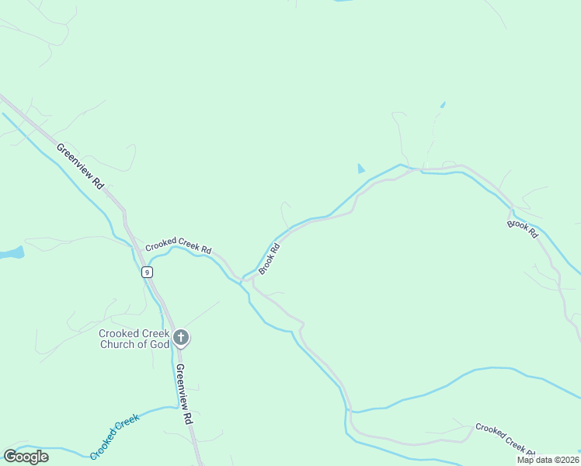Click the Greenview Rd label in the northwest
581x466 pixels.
point(80,166)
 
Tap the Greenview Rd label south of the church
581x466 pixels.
point(183,393)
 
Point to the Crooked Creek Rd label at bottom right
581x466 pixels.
point(505,440)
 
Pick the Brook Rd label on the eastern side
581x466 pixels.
point(522,229)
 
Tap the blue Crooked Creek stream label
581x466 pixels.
point(114,436)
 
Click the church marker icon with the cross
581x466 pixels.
point(181,338)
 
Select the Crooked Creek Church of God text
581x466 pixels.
point(134,339)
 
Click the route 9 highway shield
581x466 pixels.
point(147,272)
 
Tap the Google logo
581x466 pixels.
point(26,456)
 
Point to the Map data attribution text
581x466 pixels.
point(548,460)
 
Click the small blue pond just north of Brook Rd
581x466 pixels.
point(360,169)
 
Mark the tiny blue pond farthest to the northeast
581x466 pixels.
point(443,104)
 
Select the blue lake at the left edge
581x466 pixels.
point(11,253)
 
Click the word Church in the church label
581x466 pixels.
point(118,345)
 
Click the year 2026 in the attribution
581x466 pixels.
point(568,460)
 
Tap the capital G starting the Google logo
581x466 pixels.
point(10,456)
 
